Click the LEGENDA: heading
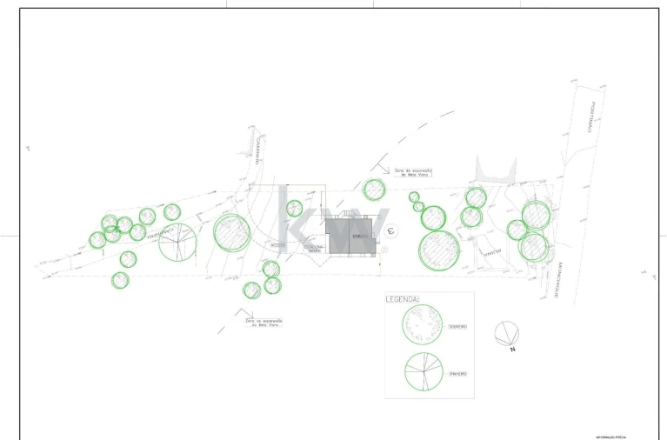403,300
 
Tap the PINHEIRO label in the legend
458,374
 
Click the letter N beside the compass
513,350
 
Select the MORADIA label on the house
357,236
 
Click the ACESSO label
277,245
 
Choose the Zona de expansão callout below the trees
263,323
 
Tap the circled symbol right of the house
391,231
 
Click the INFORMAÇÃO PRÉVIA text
611,437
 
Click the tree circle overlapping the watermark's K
295,208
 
